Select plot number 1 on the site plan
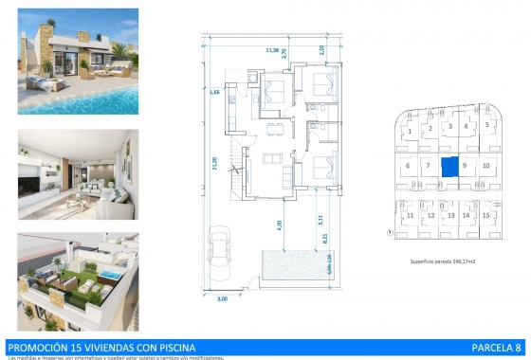tap(408, 128)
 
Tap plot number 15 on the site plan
tap(485, 216)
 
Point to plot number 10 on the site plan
tap(485, 166)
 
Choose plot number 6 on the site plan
tap(408, 166)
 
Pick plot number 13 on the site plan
tap(449, 216)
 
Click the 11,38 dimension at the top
tap(273, 50)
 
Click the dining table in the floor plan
tap(275, 127)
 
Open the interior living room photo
tap(78, 169)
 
